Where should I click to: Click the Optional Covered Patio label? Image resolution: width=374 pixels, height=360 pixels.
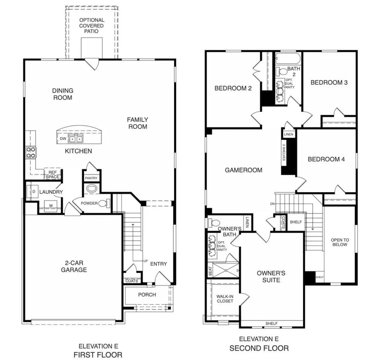[x=91, y=25]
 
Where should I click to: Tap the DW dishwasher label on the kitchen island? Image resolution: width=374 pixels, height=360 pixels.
[x=63, y=139]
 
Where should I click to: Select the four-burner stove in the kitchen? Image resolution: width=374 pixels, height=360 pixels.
[x=31, y=152]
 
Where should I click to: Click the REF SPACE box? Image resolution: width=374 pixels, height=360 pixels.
[x=53, y=175]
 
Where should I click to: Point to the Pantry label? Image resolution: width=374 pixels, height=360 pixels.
[x=91, y=178]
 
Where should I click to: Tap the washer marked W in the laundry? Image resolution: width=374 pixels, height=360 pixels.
[x=51, y=206]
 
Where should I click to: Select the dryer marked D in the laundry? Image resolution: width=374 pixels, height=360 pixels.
[x=34, y=192]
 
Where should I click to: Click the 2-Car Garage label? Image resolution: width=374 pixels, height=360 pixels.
[x=74, y=266]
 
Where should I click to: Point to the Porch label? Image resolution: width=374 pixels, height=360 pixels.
[x=147, y=295]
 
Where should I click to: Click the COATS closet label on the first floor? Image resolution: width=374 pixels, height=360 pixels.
[x=131, y=281]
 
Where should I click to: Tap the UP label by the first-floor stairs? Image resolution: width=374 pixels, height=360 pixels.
[x=145, y=261]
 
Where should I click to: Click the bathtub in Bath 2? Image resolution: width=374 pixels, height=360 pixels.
[x=288, y=58]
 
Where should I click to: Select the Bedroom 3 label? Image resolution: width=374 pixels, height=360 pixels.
[x=329, y=82]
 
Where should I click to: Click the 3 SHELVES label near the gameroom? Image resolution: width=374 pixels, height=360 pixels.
[x=284, y=152]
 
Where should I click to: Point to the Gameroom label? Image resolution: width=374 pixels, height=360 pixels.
[x=243, y=170]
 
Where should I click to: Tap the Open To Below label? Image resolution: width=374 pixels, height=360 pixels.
[x=340, y=242]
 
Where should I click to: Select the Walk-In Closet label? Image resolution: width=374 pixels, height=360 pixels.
[x=225, y=299]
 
